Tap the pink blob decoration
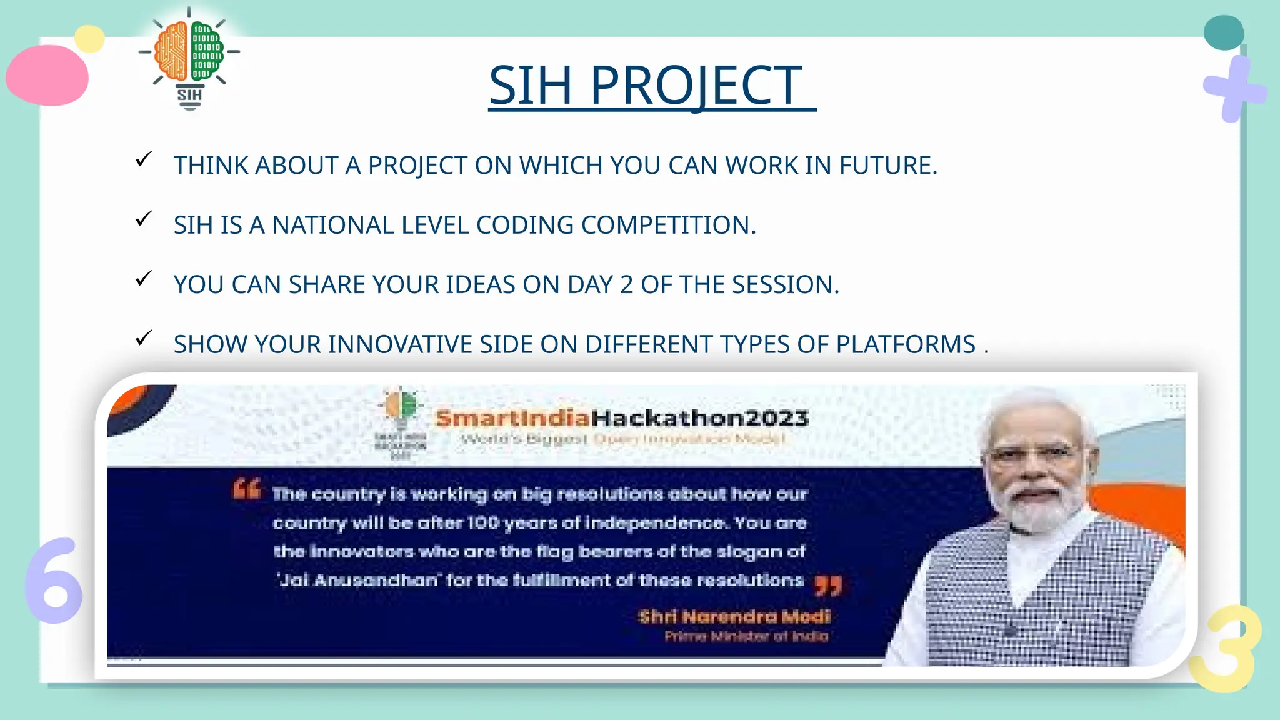(x=47, y=75)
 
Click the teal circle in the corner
(x=1223, y=32)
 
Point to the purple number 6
(x=54, y=581)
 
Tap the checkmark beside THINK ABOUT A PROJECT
(x=144, y=160)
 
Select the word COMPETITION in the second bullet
(x=668, y=226)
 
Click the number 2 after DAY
(x=626, y=285)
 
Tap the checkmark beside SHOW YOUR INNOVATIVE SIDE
(x=144, y=339)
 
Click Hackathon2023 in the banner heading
(x=700, y=417)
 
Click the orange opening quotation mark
(x=246, y=488)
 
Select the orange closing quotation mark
(x=829, y=586)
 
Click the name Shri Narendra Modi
(x=734, y=617)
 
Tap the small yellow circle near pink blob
(x=89, y=39)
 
